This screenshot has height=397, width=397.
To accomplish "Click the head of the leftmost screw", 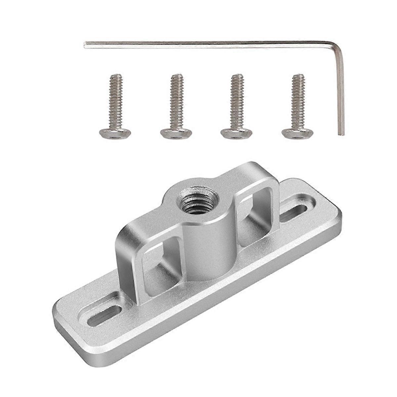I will pyautogui.click(x=115, y=133).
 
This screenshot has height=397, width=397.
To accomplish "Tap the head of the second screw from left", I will pyautogui.click(x=176, y=133).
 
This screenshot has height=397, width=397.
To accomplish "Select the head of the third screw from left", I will pyautogui.click(x=236, y=133).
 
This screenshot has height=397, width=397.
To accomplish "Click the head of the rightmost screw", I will pyautogui.click(x=297, y=133).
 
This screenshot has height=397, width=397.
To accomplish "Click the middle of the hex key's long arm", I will pyautogui.click(x=212, y=45).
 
